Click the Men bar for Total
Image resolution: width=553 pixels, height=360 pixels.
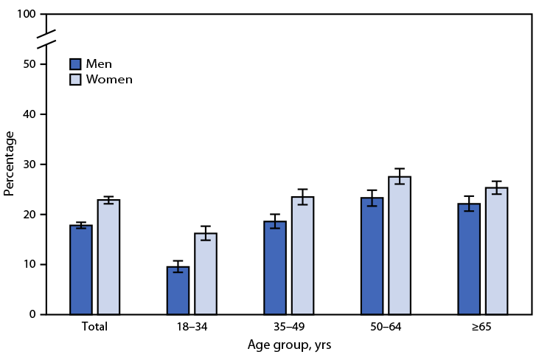(x=81, y=270)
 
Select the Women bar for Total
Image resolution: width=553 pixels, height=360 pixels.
(x=108, y=257)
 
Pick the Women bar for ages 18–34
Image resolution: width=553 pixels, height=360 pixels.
(x=206, y=274)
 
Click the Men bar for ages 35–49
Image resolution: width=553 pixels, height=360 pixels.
(x=275, y=268)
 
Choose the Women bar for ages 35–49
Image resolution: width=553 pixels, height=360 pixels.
(x=302, y=255)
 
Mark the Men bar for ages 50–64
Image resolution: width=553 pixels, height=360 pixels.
(x=372, y=256)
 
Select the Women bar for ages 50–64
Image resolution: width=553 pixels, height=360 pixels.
(x=400, y=246)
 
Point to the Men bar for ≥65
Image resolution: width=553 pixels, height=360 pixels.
(x=469, y=259)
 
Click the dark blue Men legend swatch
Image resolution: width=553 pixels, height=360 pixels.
(x=75, y=63)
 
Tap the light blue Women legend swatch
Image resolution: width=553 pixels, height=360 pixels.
(x=75, y=79)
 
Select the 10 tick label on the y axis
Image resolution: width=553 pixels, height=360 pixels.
(x=31, y=264)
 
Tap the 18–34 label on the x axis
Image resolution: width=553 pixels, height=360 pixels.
(x=192, y=327)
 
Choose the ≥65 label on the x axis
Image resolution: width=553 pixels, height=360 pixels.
(x=482, y=327)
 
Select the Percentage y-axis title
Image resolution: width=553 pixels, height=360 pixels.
(x=10, y=163)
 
